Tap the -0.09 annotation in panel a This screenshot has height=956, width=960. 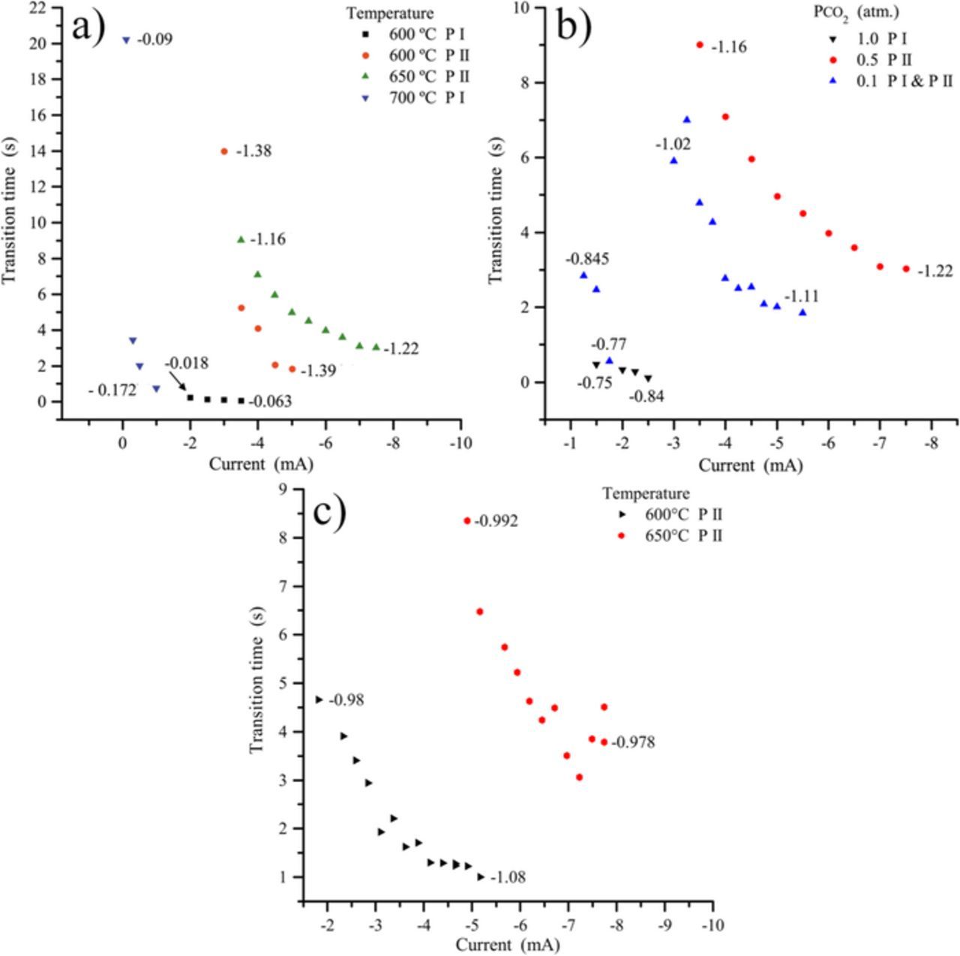(154, 40)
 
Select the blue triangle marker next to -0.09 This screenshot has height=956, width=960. (126, 40)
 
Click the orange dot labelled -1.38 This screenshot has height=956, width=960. (223, 151)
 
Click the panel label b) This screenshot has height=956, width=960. (574, 27)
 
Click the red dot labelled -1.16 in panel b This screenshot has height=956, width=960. (700, 45)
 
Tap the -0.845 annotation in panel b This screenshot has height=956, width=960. (586, 259)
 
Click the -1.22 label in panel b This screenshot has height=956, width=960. (934, 271)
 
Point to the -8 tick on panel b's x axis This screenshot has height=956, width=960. (931, 442)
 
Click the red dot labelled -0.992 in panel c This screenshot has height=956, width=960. (467, 521)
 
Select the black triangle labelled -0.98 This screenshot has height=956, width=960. (319, 700)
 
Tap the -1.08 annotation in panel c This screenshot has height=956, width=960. (507, 877)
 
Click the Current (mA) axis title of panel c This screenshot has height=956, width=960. (508, 946)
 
